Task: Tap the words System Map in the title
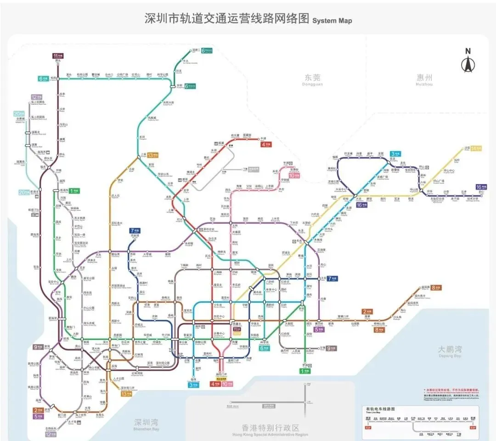click(332, 21)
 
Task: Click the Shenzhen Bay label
click(147, 423)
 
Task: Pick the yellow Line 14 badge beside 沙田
click(476, 148)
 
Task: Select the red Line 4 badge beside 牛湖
click(266, 144)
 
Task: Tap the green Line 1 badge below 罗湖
click(305, 371)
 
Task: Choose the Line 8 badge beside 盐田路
click(436, 288)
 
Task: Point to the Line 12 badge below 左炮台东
click(51, 434)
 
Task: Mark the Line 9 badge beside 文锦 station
click(332, 348)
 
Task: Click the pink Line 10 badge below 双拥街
click(294, 176)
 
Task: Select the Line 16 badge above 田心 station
click(481, 187)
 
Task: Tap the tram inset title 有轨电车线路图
click(380, 409)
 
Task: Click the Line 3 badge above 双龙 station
click(395, 154)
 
